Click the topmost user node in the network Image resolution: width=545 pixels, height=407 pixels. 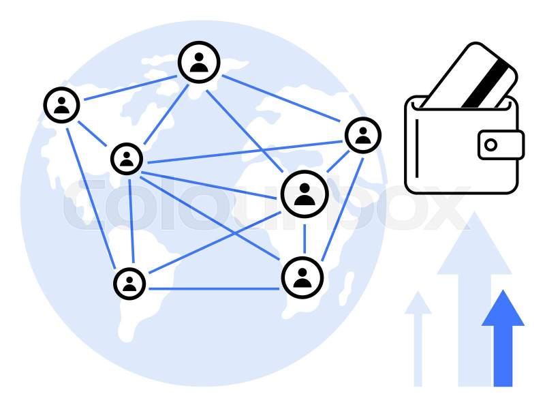[x=199, y=62]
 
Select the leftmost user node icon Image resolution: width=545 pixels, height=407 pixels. [x=61, y=105]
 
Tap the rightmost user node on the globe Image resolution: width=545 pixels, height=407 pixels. [x=362, y=135]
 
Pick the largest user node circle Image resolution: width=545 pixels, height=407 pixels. [x=305, y=194]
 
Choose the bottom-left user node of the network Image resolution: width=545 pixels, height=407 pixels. [x=129, y=283]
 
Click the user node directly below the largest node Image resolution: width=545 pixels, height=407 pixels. [x=302, y=277]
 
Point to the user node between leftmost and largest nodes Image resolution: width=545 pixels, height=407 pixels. [x=127, y=159]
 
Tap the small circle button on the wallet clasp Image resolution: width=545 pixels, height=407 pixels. [x=490, y=145]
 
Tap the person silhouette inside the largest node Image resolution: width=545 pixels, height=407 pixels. [x=305, y=195]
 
